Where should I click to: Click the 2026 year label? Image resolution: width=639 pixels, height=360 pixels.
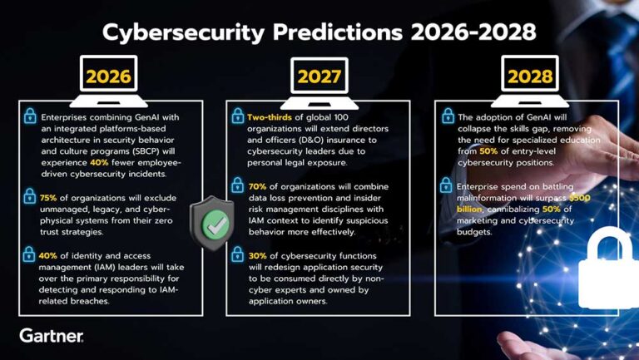(x=109, y=76)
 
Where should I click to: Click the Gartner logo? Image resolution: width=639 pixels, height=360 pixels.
(x=52, y=336)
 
